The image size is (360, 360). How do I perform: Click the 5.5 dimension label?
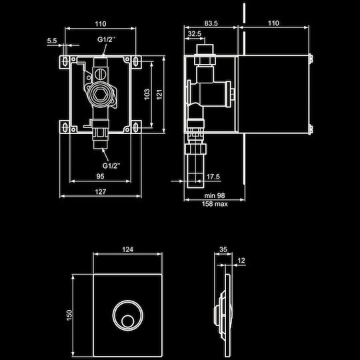point(52,41)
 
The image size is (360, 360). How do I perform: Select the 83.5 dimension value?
point(211,23)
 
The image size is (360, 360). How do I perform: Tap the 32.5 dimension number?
point(194,34)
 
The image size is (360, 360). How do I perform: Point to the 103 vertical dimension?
point(147,94)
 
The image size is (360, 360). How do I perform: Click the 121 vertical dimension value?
point(159,95)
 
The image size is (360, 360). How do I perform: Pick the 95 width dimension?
point(100,176)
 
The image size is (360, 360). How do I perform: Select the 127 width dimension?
point(101,192)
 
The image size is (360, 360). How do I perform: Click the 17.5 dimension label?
point(213,177)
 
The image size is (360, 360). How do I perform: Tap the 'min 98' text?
point(215,195)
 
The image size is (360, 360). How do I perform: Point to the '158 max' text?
point(215,204)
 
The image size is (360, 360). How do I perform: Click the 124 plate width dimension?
point(127,249)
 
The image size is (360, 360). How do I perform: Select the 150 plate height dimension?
point(69,315)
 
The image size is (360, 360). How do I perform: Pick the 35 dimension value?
point(223,249)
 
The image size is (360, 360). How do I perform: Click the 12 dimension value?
point(241,261)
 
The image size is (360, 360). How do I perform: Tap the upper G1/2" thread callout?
point(106,39)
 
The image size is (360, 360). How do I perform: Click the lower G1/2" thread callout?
point(111,165)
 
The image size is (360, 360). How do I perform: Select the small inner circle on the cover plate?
point(127,321)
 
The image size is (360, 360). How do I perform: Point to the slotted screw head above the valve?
point(99,74)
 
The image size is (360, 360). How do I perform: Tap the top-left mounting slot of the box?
point(65,61)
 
